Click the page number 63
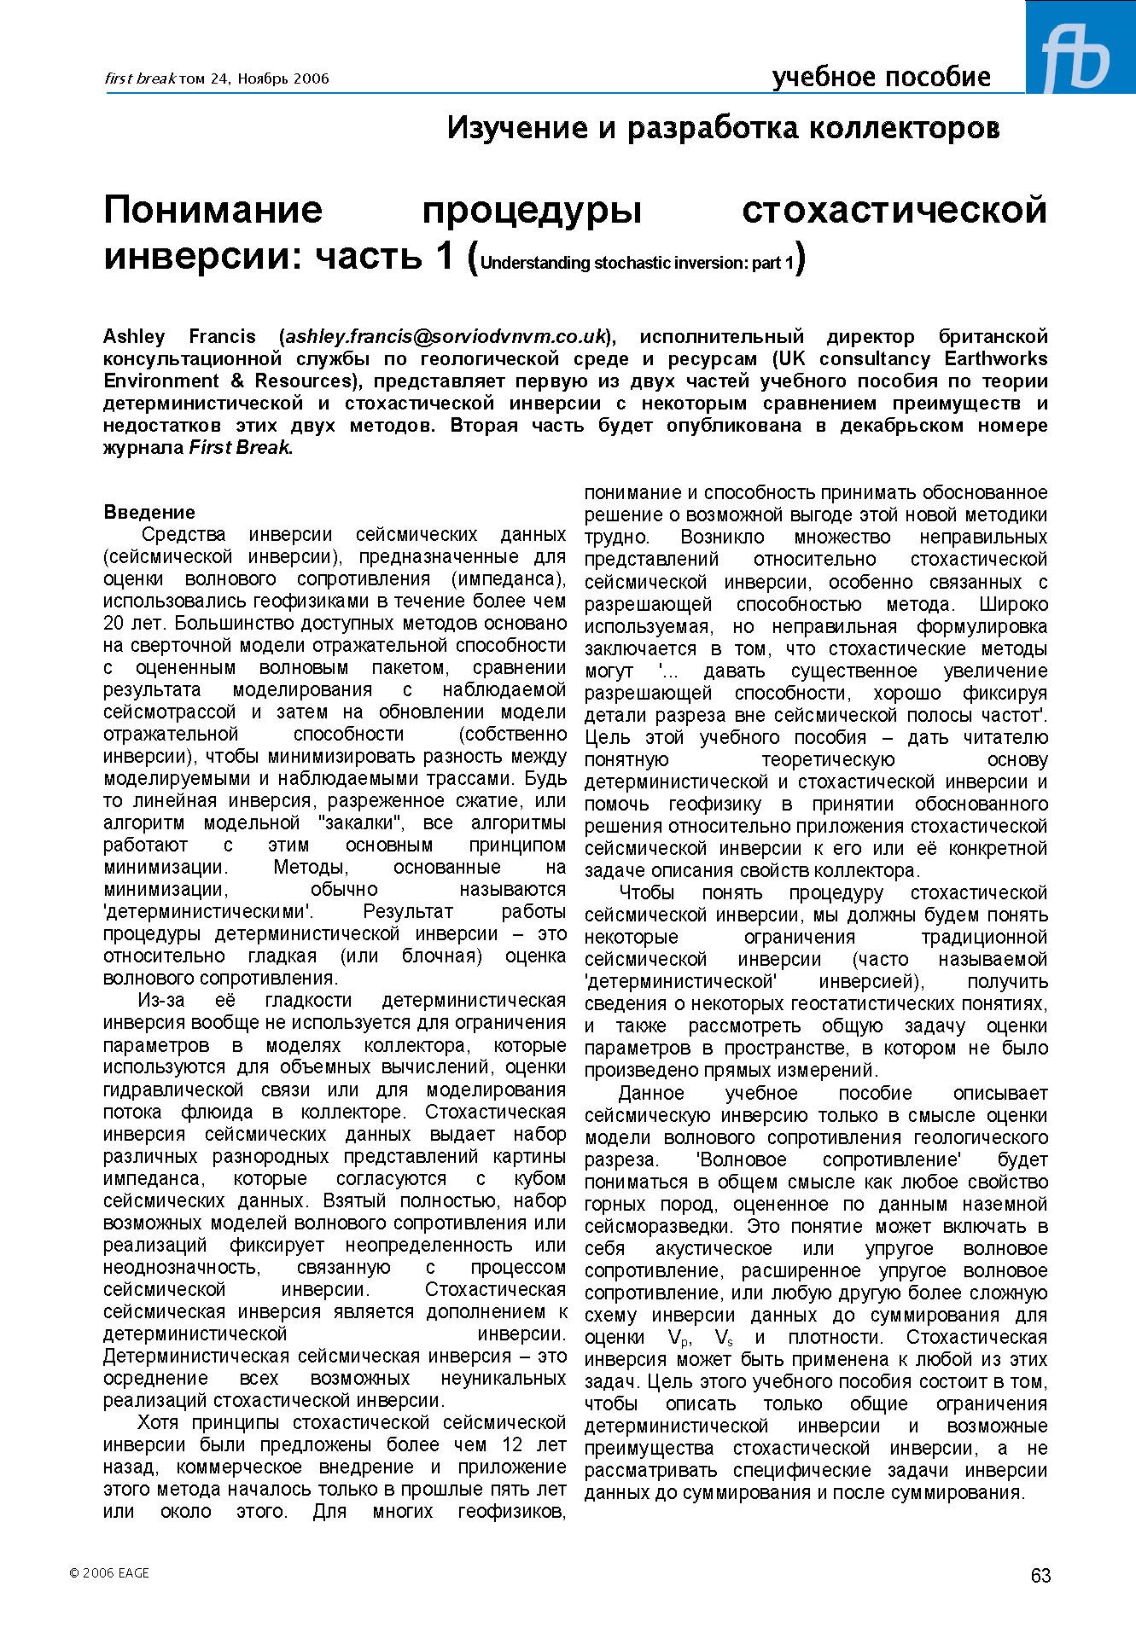tap(1040, 1576)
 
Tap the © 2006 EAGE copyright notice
tap(109, 1572)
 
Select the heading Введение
tap(149, 513)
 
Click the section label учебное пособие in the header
tap(881, 78)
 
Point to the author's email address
tap(446, 336)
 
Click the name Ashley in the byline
tap(134, 336)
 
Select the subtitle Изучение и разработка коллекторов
tap(723, 128)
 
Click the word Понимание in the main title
tap(213, 210)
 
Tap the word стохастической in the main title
tap(894, 210)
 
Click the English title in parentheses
tap(637, 263)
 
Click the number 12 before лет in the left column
tap(512, 1445)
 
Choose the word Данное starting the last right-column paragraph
tap(650, 1094)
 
